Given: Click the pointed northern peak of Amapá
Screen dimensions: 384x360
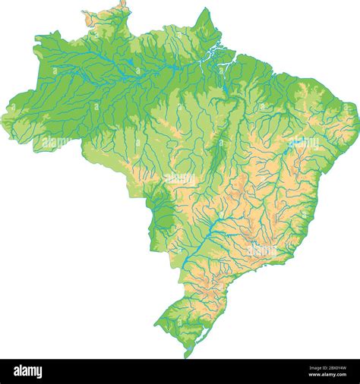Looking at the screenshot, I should (204, 11).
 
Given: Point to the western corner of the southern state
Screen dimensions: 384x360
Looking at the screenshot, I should (156, 323).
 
